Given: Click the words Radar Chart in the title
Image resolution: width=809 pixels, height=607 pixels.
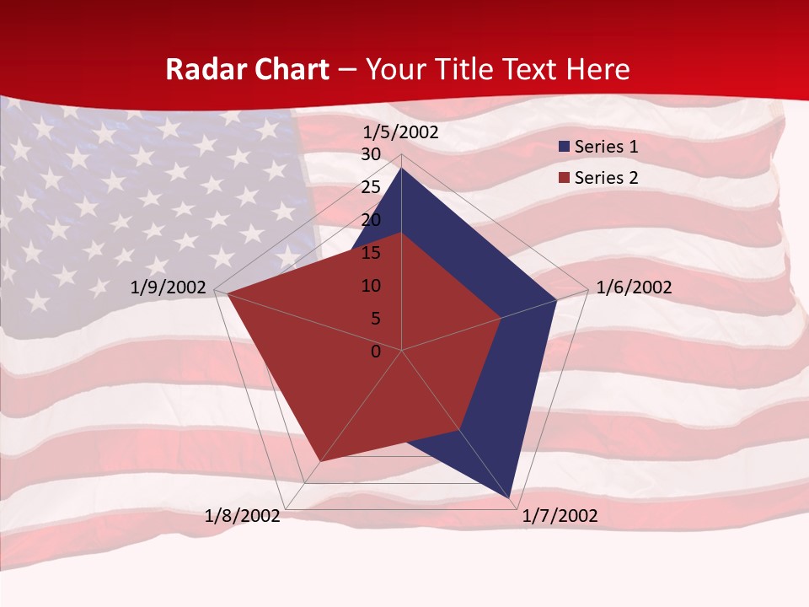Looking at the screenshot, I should [x=246, y=69].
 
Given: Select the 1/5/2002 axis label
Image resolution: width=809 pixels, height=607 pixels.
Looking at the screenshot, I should [x=400, y=132].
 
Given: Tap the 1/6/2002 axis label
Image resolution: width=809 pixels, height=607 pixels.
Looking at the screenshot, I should [x=634, y=287].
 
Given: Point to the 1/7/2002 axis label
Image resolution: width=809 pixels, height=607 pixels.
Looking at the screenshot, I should [x=560, y=516].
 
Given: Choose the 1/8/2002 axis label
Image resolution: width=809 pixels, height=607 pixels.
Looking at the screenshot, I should [x=243, y=516].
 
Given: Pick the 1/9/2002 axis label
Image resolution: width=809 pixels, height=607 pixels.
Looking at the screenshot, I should [x=169, y=287].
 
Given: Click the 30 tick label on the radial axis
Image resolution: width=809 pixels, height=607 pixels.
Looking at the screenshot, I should [x=371, y=154].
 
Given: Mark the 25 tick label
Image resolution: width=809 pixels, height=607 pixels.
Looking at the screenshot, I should [x=371, y=187].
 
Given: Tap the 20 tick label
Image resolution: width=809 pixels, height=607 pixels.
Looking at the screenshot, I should [x=371, y=220].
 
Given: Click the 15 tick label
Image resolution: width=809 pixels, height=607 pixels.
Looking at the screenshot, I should [x=371, y=253].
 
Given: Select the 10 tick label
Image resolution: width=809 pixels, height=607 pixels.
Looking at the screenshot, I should [x=371, y=286].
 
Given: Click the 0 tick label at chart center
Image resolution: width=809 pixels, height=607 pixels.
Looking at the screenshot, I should [x=376, y=352].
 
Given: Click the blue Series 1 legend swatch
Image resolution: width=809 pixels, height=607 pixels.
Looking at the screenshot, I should [x=564, y=147].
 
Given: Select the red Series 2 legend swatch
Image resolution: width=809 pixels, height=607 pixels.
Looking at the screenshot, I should [x=564, y=178].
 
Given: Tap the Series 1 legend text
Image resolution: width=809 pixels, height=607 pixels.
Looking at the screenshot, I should [x=606, y=147].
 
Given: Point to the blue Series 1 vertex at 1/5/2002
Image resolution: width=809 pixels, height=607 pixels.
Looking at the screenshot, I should [x=402, y=169].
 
